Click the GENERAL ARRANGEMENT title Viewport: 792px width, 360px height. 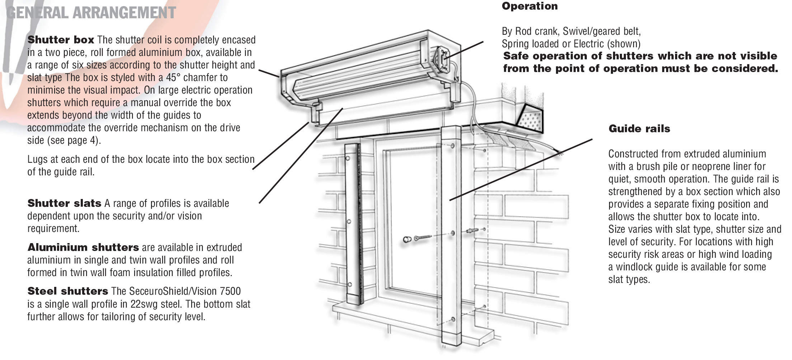click(x=91, y=13)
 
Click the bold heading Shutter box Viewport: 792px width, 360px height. click(x=61, y=40)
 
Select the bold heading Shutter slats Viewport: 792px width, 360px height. click(x=64, y=204)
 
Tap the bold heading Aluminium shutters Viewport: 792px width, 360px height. click(x=83, y=248)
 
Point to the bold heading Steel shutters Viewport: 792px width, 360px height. click(x=67, y=292)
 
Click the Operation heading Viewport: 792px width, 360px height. click(x=529, y=6)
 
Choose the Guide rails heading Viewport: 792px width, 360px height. click(x=639, y=129)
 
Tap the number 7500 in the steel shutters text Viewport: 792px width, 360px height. click(x=230, y=292)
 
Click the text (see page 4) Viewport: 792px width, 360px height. click(x=64, y=141)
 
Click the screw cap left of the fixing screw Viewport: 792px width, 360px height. click(x=407, y=239)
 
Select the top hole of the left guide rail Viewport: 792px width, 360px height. click(x=348, y=158)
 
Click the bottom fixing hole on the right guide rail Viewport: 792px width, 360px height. click(x=453, y=319)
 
